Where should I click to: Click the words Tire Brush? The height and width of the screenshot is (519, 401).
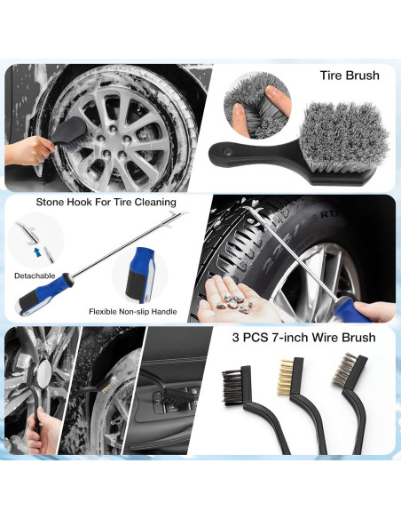coord(350,76)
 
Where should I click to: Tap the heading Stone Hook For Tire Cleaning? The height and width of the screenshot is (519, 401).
coord(106,202)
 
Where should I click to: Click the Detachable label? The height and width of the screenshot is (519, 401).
coord(34,275)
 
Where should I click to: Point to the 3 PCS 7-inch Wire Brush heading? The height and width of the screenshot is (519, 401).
coord(303,338)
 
